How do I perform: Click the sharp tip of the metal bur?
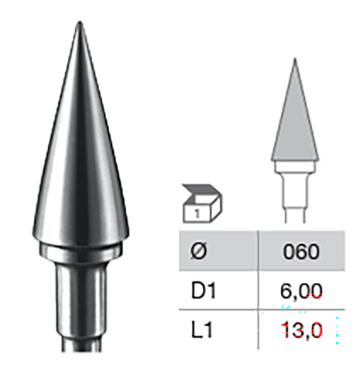click(x=79, y=25)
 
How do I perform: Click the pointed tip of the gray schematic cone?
click(x=295, y=60)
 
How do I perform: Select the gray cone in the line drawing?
click(x=295, y=124)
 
